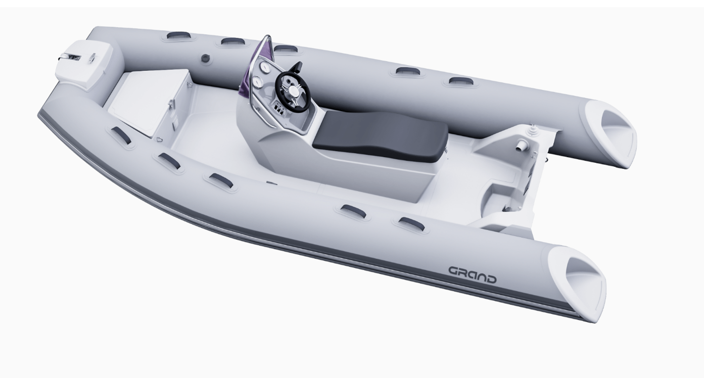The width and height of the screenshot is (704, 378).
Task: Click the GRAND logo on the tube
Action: pyautogui.click(x=472, y=275)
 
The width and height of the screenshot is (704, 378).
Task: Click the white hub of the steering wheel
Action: pyautogui.click(x=295, y=91)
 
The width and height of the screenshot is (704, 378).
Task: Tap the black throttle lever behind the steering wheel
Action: pyautogui.click(x=297, y=68)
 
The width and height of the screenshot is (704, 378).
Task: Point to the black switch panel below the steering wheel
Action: pyautogui.click(x=279, y=108)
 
